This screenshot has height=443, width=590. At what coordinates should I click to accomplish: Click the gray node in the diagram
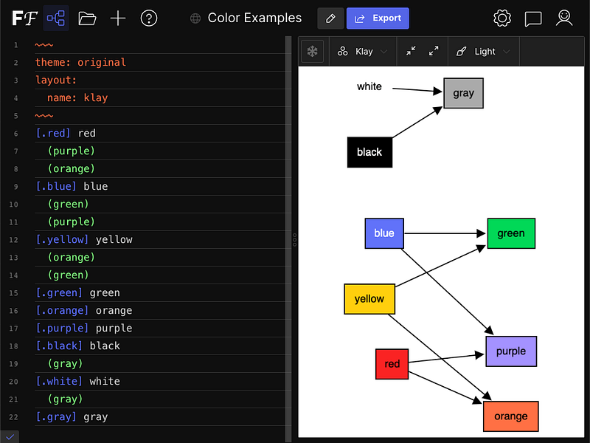(463, 93)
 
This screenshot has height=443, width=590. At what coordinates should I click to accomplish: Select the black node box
(369, 152)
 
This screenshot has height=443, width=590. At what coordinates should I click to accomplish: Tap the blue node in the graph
(384, 233)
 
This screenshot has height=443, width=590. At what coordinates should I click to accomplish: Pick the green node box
(510, 233)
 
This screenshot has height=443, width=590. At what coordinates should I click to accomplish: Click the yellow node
(369, 299)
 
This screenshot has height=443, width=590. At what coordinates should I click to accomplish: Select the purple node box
(510, 351)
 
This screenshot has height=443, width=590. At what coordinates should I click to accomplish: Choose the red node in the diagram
(392, 364)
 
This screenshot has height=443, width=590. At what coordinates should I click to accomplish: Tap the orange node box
(510, 416)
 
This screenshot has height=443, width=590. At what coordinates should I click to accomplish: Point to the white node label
(369, 87)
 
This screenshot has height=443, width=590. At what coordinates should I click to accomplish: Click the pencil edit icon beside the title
(330, 18)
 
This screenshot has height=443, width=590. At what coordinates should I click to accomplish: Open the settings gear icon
(502, 18)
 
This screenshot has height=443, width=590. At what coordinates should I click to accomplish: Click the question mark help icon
(149, 18)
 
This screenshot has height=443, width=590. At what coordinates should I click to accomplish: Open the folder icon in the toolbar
(87, 18)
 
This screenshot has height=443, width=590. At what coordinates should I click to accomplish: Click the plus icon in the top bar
(118, 18)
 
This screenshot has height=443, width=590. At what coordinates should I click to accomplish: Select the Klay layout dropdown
(362, 52)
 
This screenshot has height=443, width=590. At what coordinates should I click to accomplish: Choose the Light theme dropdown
(483, 52)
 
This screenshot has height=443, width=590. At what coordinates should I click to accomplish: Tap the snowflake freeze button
(313, 52)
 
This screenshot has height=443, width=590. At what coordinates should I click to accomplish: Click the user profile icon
(564, 18)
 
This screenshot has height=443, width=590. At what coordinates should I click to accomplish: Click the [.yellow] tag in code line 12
(62, 240)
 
